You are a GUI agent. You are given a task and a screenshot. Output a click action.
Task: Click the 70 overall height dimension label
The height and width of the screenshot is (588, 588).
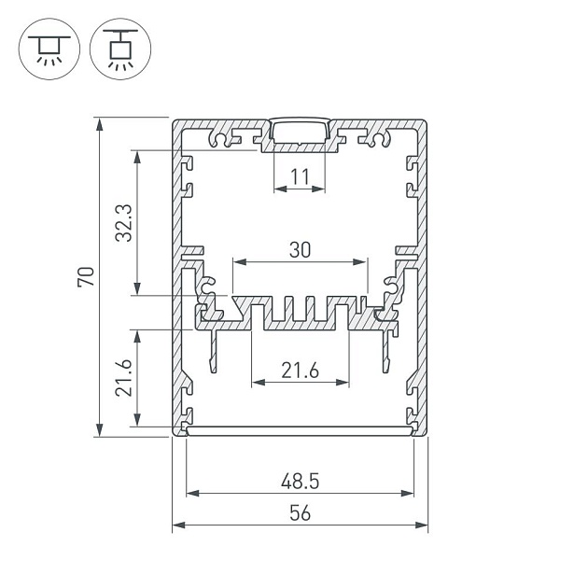(86, 277)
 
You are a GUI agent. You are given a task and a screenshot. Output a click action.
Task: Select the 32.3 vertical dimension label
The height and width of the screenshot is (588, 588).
(124, 223)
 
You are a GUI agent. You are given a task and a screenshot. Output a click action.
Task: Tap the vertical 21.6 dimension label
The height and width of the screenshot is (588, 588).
(124, 378)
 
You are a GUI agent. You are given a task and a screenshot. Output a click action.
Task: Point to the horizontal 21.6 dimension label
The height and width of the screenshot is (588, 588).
(300, 371)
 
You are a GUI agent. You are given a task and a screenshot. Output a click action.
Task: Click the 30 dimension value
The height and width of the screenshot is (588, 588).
(300, 250)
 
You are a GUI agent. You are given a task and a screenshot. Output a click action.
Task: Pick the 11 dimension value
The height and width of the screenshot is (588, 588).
(300, 177)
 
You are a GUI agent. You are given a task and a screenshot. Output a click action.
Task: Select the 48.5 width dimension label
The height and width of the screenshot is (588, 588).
(300, 481)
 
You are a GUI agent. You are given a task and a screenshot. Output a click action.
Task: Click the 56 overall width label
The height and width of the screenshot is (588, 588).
(300, 513)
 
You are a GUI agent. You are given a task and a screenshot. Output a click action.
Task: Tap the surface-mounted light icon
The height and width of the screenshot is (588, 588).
(49, 49)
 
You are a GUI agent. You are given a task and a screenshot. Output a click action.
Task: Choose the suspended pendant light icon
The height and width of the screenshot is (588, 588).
(120, 49)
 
